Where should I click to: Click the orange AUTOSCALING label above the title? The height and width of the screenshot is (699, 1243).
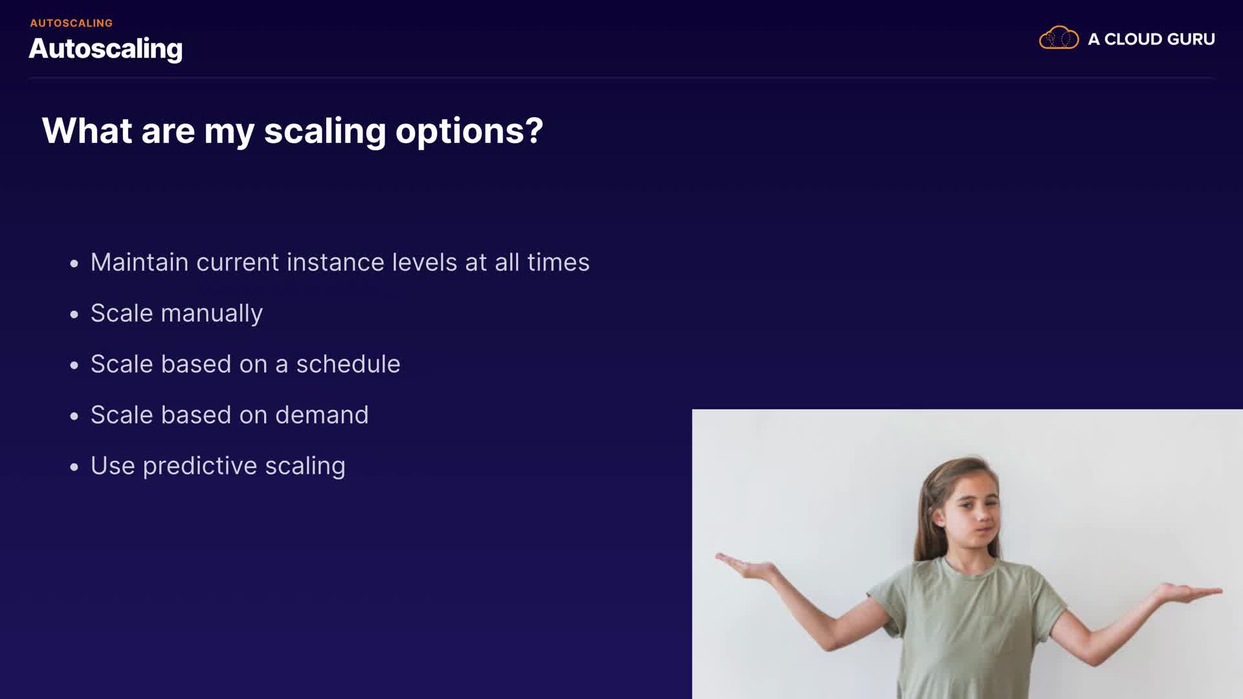(x=71, y=23)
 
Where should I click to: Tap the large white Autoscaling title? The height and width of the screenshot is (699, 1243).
(x=106, y=49)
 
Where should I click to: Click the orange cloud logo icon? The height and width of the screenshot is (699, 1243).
(x=1058, y=38)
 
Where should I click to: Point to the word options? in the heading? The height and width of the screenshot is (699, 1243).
(x=469, y=132)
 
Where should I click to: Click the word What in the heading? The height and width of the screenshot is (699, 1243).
(x=87, y=131)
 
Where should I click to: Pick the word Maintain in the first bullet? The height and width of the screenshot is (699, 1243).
(x=139, y=262)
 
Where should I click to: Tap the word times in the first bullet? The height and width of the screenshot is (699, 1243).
(x=558, y=262)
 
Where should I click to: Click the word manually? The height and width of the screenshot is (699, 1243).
(x=212, y=314)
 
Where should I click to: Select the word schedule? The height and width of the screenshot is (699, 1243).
(x=348, y=364)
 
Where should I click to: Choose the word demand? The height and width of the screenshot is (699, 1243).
(x=322, y=415)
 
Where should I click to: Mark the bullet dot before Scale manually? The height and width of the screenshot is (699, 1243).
(x=74, y=315)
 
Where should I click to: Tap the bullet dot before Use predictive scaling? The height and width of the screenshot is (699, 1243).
(x=74, y=467)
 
